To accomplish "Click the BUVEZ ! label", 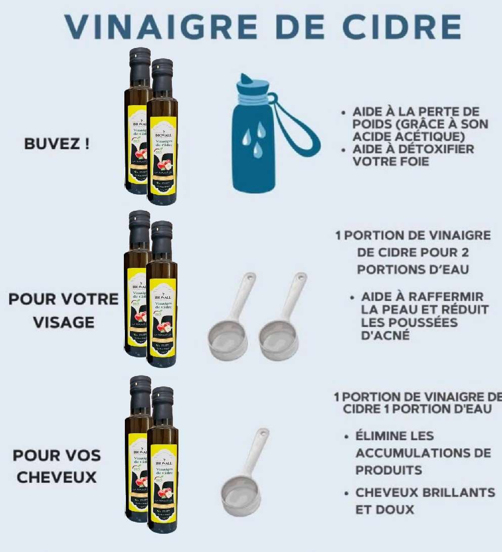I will (57, 144).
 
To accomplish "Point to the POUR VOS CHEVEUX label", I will (57, 466).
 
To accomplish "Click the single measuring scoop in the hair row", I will (244, 475).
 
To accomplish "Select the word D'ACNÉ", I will (385, 335).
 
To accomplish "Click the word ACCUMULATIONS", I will (416, 453).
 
